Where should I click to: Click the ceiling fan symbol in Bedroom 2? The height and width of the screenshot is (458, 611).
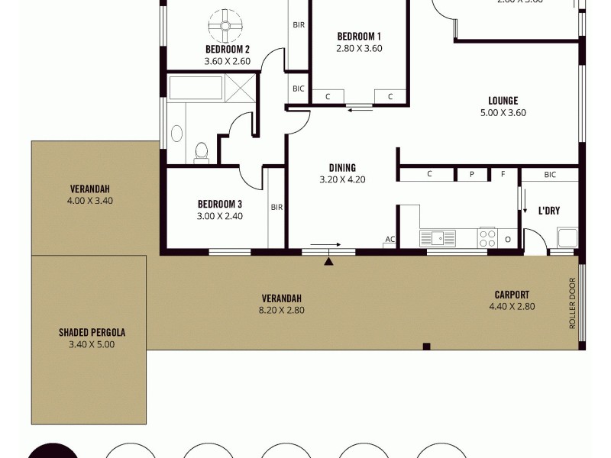227,25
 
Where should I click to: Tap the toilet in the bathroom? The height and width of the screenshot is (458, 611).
202,153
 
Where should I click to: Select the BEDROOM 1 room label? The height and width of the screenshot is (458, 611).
358,36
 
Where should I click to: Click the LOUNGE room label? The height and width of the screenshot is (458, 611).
503,100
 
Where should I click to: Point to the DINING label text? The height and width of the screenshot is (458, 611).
342,168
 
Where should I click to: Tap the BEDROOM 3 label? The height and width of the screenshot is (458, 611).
219,204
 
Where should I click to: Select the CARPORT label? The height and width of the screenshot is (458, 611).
511,295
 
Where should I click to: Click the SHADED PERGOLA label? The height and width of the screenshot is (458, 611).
92,333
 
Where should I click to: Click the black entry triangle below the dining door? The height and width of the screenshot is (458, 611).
328,261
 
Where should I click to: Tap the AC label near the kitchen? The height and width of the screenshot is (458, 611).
390,240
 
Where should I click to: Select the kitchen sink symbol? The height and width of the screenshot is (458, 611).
438,237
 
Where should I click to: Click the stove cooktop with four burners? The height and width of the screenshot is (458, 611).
487,237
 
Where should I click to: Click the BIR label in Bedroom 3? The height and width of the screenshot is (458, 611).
277,207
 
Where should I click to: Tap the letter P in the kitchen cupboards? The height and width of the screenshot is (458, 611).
471,174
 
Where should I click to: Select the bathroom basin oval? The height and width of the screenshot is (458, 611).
176,134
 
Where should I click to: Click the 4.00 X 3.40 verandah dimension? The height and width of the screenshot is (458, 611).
89,201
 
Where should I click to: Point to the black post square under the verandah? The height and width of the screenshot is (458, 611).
426,347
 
